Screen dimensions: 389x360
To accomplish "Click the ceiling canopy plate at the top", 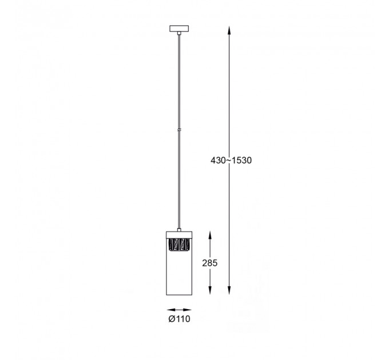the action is pos(179,29).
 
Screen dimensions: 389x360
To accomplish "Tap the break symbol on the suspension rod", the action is pos(179,130).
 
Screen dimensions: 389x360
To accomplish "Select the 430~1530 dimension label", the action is pos(231,161).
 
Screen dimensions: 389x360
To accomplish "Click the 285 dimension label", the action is pos(209,263).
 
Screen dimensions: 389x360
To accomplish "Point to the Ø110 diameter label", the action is pos(179,319).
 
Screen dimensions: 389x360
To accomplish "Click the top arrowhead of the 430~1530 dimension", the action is pos(229,30).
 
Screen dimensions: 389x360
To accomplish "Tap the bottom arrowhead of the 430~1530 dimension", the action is pos(229,290).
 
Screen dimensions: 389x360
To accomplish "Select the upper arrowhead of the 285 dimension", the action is pos(210,235).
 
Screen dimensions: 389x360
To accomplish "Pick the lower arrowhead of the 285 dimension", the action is pos(210,290).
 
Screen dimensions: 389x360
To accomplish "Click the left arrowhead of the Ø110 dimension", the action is pos(171,310).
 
